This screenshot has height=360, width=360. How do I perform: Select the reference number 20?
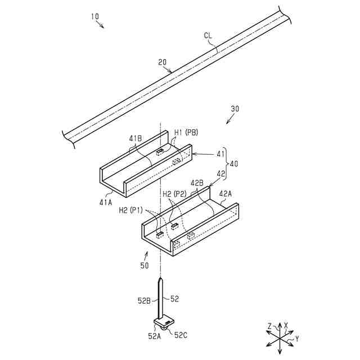click(162, 64)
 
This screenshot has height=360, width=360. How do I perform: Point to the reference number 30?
click(235, 109)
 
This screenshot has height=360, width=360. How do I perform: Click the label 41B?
click(136, 138)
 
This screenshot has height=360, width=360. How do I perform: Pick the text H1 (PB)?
click(186, 132)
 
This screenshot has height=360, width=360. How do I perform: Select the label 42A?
click(225, 193)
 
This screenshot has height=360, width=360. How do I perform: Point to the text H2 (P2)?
click(174, 194)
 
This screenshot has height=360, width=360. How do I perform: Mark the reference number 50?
click(145, 264)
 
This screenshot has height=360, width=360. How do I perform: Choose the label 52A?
click(154, 336)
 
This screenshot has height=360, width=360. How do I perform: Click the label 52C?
click(181, 335)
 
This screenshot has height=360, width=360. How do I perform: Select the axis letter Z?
click(270, 325)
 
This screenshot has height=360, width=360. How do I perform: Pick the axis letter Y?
click(297, 339)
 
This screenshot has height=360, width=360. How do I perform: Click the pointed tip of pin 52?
click(161, 280)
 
